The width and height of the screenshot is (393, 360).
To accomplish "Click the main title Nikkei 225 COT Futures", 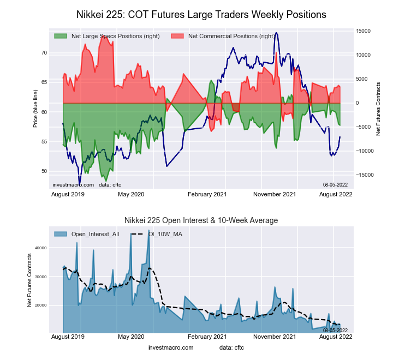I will (201, 15).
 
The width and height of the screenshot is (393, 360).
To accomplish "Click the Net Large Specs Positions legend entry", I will (107, 36).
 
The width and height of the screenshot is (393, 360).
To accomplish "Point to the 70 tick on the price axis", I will (43, 53).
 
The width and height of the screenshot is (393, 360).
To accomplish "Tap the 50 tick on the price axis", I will (43, 171).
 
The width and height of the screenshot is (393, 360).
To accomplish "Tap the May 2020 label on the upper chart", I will (131, 194).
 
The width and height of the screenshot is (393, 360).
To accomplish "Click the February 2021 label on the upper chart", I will (207, 194).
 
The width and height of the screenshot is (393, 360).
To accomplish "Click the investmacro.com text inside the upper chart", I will (73, 185).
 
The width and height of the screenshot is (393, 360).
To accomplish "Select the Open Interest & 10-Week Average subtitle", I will (201, 220).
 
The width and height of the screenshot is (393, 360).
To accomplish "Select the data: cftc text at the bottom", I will (233, 347).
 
